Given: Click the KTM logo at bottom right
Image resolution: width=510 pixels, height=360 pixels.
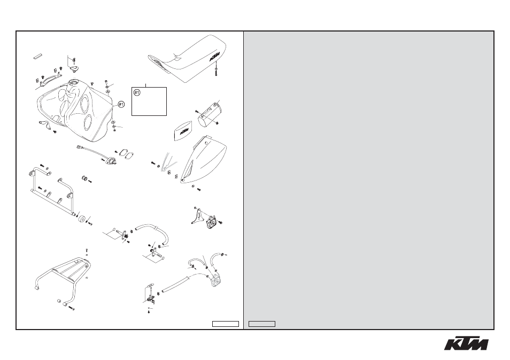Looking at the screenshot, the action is pyautogui.click(x=466, y=342).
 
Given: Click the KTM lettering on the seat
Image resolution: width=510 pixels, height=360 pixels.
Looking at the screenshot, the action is pyautogui.click(x=214, y=56).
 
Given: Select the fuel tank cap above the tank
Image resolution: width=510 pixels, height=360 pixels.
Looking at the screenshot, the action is pyautogui.click(x=74, y=68).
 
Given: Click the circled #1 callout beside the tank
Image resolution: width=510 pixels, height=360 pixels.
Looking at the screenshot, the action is pyautogui.click(x=121, y=104).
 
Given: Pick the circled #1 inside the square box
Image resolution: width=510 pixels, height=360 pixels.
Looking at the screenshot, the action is pyautogui.click(x=137, y=92).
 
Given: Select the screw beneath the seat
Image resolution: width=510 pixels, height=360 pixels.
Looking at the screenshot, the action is pyautogui.click(x=216, y=72).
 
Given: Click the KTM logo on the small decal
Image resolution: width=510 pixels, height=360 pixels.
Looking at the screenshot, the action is pyautogui.click(x=184, y=131).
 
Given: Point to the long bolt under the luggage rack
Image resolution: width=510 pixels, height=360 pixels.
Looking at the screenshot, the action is pyautogui.click(x=72, y=308).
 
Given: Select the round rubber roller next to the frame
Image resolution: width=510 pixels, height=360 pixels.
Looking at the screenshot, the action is pyautogui.click(x=81, y=219).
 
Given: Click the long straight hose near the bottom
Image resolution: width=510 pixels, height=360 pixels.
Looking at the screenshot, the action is pyautogui.click(x=176, y=283).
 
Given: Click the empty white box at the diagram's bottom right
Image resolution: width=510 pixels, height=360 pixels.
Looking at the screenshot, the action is pyautogui.click(x=226, y=324).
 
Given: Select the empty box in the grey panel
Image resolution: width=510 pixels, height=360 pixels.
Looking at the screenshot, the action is pyautogui.click(x=262, y=324).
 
